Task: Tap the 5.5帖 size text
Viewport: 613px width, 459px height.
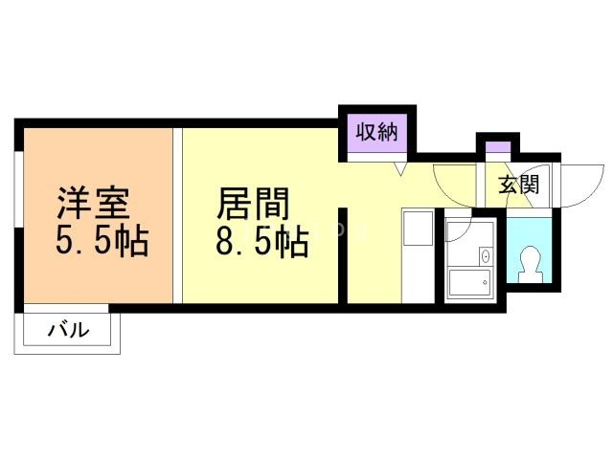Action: pos(102,242)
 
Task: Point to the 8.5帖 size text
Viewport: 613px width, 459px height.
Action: pos(261,244)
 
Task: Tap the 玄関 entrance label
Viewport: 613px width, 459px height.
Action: pos(517,184)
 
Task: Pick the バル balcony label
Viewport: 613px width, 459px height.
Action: pos(69,332)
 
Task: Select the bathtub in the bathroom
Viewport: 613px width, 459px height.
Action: pos(469,282)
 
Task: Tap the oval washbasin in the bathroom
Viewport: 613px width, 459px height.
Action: pos(485,255)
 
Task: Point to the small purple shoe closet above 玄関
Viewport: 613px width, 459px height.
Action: pos(496,148)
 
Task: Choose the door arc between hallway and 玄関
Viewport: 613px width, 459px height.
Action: pos(453,182)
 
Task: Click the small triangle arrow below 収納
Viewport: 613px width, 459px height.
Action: pos(402,169)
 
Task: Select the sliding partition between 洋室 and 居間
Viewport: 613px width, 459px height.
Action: pos(177,215)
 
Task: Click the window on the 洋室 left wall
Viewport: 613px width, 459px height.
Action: pos(18,227)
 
